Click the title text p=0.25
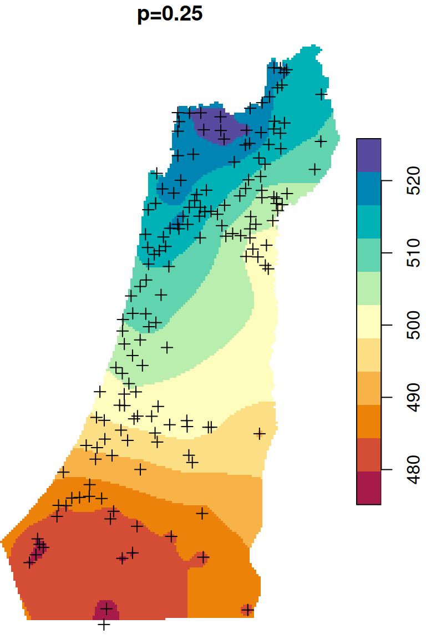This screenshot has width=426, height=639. click(x=170, y=14)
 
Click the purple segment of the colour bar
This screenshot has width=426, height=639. click(x=368, y=155)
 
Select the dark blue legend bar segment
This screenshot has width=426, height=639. click(x=368, y=189)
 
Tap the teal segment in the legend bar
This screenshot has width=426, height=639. click(x=368, y=222)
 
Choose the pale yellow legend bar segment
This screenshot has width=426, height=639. click(x=368, y=322)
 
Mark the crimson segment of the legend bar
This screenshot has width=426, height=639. click(x=368, y=488)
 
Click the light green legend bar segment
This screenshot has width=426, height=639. click(x=368, y=288)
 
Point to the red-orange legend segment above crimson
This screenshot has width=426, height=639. click(x=368, y=455)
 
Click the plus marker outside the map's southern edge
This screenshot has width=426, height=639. click(x=104, y=625)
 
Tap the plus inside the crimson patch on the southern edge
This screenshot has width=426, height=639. click(x=106, y=610)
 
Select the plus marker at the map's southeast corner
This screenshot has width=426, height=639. click(x=247, y=610)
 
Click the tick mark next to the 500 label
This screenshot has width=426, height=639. click(x=384, y=325)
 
